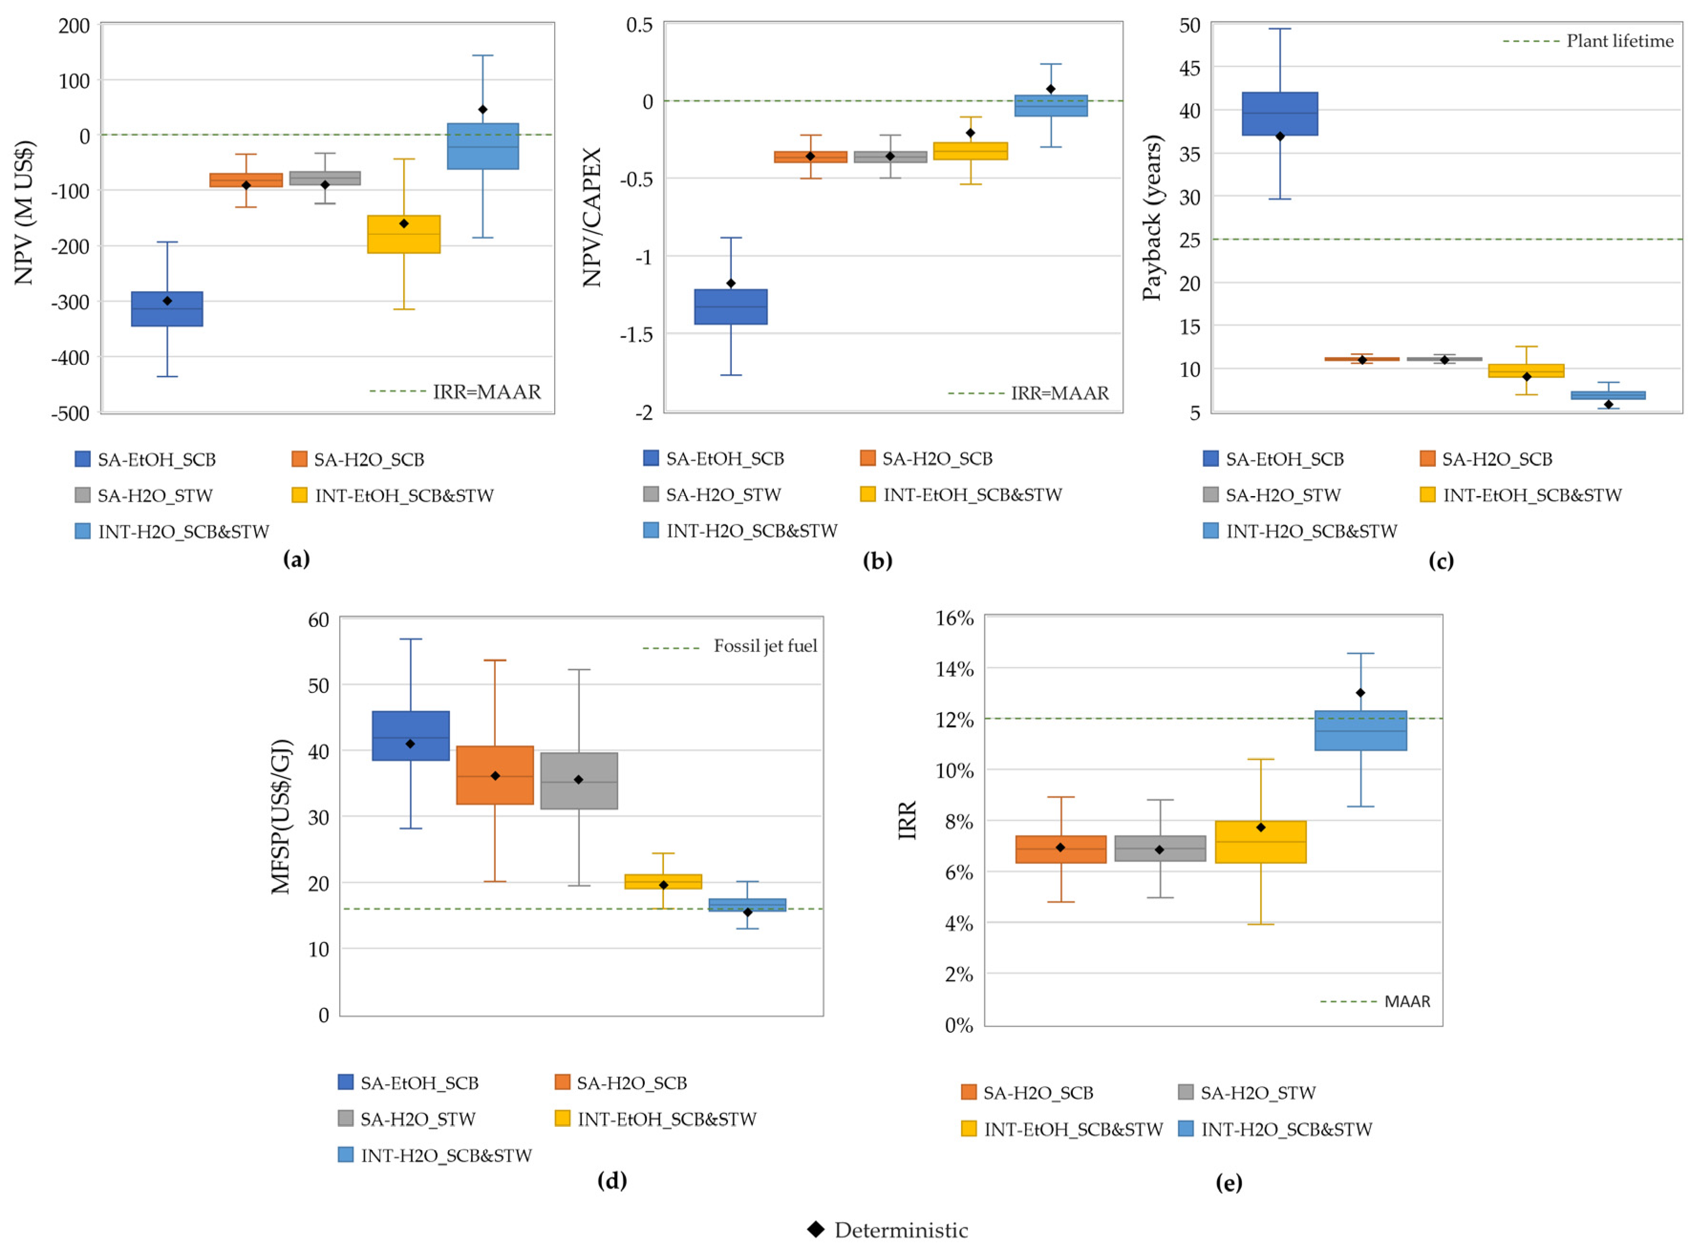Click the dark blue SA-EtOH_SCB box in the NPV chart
(x=167, y=309)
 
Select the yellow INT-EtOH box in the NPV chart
(x=404, y=235)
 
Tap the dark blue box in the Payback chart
(x=1280, y=114)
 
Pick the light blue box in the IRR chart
(x=1361, y=731)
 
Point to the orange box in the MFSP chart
(x=495, y=776)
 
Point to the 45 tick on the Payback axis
(x=1190, y=68)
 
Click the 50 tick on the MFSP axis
(x=318, y=686)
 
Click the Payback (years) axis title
(x=1152, y=218)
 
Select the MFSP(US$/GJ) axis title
(x=281, y=817)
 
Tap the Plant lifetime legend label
(x=1620, y=41)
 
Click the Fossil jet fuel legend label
(x=765, y=647)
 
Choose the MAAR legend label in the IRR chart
(x=1407, y=1002)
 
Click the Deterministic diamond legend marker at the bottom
(x=816, y=1230)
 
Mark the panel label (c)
(x=1441, y=562)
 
